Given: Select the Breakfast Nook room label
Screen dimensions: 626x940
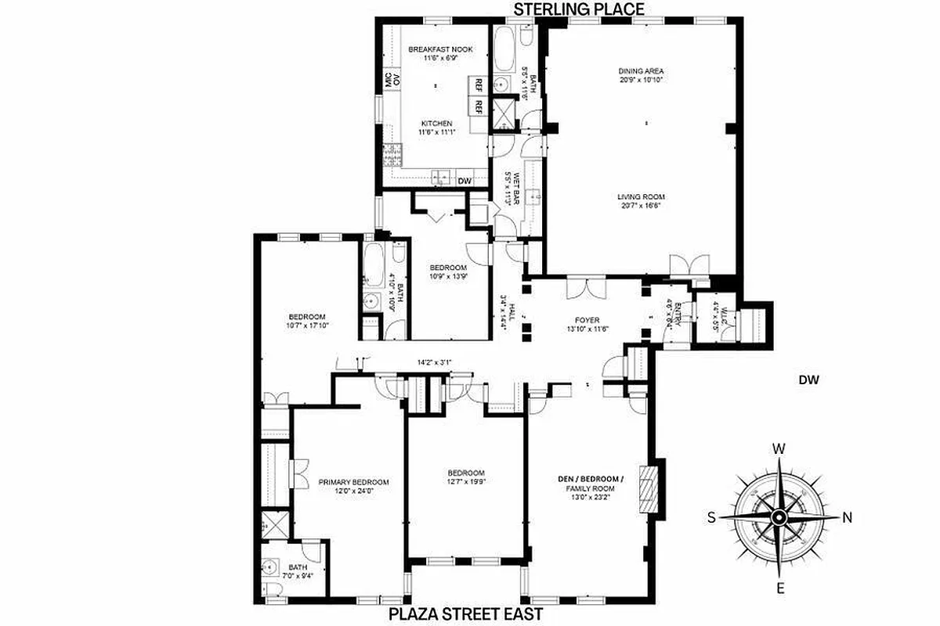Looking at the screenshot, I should click(430, 49).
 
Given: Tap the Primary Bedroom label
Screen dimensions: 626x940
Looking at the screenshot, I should click(353, 482).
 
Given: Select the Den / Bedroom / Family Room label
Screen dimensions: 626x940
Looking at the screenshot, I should click(591, 484).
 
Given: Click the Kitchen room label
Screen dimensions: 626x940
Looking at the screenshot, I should click(437, 124).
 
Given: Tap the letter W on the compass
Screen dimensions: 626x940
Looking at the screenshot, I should click(779, 449).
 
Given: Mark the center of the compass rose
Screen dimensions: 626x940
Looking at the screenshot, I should click(779, 517).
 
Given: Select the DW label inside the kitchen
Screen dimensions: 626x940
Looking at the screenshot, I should click(465, 181).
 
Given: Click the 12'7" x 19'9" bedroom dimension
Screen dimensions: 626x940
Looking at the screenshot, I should click(466, 483).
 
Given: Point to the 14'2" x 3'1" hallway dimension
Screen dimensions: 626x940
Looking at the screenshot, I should click(436, 362).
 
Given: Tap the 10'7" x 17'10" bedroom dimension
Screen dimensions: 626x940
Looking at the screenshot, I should click(306, 325).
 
